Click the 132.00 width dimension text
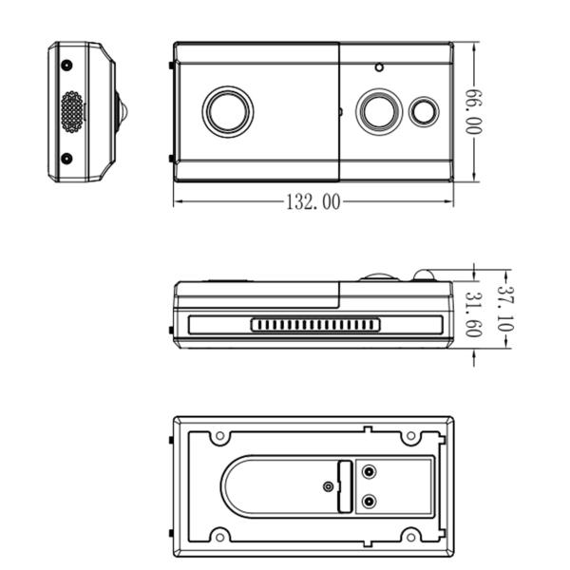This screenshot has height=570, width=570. [313, 201]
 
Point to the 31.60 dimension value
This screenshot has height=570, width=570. [472, 314]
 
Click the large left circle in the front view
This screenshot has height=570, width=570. [228, 111]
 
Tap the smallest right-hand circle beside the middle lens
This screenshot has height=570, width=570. [424, 111]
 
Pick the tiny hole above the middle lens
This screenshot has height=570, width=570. [379, 67]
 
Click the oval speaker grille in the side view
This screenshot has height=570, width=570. [72, 111]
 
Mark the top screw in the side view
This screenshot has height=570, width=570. [66, 66]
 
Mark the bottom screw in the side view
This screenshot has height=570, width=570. [66, 158]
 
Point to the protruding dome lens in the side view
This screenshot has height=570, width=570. [119, 111]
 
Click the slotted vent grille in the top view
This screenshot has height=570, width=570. [315, 325]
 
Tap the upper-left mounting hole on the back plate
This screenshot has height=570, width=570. [219, 437]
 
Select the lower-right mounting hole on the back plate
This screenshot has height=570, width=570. [410, 534]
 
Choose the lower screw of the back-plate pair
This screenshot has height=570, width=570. [370, 501]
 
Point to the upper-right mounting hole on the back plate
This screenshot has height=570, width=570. [410, 437]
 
